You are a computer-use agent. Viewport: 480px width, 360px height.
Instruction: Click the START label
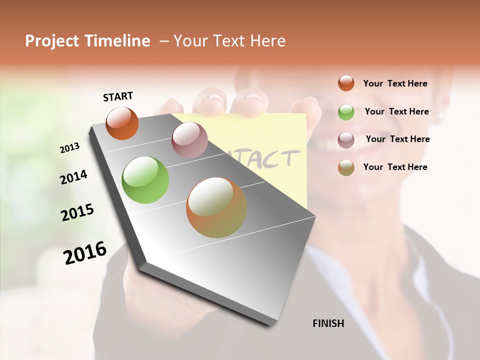[x=118, y=96]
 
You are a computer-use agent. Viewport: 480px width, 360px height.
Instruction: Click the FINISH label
[x=328, y=323]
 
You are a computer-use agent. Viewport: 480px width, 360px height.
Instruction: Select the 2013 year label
[x=70, y=148]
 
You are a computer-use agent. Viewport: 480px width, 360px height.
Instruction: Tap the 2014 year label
[x=74, y=177]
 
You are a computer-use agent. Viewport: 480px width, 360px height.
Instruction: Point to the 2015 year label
[x=77, y=212]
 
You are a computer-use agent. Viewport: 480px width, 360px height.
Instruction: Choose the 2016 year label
[x=85, y=252]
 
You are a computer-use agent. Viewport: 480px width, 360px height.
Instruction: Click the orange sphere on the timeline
[x=122, y=123]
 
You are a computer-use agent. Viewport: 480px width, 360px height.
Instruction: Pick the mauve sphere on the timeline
[x=189, y=140]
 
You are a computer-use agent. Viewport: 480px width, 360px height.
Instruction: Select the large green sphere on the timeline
[x=145, y=180]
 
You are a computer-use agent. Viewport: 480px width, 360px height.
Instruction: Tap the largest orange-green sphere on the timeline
[x=216, y=207]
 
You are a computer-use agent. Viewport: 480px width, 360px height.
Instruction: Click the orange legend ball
[x=346, y=83]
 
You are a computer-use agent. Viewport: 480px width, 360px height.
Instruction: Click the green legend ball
[x=346, y=112]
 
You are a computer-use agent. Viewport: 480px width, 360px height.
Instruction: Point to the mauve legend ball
[x=346, y=139]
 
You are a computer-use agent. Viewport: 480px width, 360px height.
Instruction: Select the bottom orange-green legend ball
[x=346, y=167]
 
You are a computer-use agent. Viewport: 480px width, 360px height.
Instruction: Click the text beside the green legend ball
[x=396, y=111]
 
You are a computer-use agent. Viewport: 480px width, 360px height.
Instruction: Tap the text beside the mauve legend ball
[x=397, y=139]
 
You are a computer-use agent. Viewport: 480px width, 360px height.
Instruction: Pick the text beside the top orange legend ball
[x=395, y=83]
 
